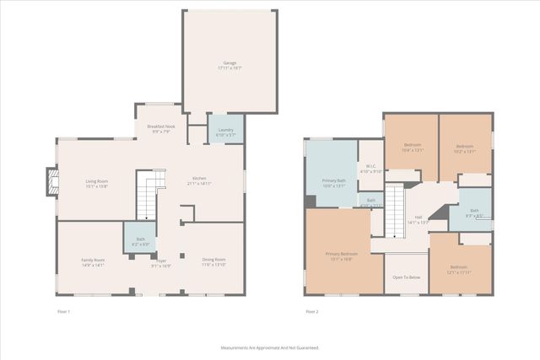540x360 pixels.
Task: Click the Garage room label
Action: [x=229, y=65]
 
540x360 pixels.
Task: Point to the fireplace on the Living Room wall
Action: [x=53, y=183]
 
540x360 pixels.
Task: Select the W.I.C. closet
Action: [x=371, y=168]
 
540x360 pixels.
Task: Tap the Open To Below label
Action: [x=406, y=277]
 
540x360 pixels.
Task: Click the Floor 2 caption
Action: [x=312, y=312]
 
